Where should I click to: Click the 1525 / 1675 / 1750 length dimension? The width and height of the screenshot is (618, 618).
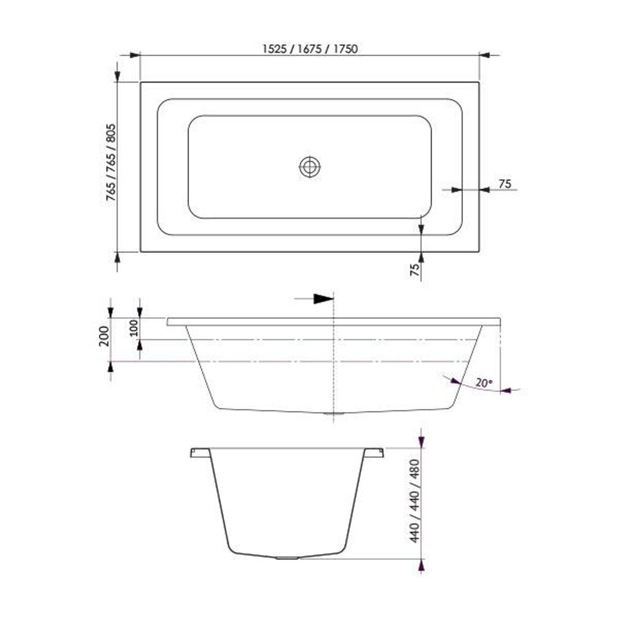coord(310,49)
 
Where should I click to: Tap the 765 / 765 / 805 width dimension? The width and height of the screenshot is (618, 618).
coord(111,162)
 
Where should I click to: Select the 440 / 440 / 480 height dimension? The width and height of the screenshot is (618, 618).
coord(415,501)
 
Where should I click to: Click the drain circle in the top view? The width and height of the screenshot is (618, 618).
coord(310,167)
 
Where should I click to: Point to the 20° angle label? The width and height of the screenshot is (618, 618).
coord(484,382)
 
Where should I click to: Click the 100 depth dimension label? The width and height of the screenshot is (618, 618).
coord(134,328)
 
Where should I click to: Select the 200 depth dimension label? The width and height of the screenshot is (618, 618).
coord(104,336)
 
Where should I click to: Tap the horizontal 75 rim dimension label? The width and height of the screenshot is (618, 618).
coord(505,184)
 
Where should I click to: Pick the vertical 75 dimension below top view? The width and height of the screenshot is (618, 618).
coord(415,270)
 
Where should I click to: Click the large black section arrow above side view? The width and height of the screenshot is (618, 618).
coord(323,299)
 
